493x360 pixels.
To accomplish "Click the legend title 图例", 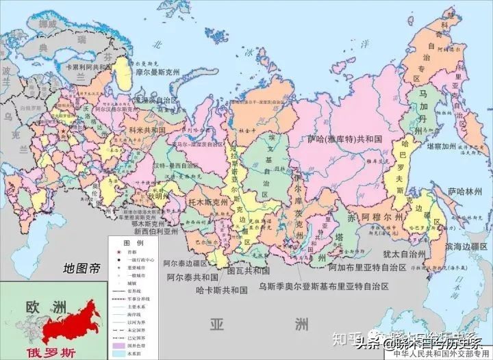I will (x=133, y=244).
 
